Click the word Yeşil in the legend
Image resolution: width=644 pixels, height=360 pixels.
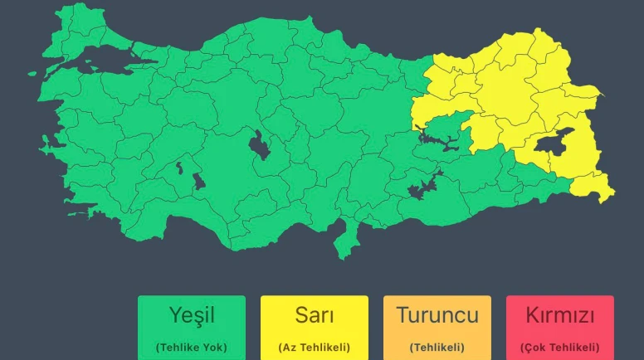[192, 315]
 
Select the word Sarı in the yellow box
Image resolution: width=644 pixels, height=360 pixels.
[315, 315]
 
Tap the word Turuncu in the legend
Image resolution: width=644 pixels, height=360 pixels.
[437, 315]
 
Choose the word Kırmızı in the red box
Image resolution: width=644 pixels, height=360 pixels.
[560, 315]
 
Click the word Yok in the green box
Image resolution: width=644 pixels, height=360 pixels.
[211, 348]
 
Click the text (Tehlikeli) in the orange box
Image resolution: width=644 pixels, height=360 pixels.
[437, 348]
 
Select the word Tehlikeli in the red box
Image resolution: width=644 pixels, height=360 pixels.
[572, 348]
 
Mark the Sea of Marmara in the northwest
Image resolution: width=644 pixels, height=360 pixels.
[95, 59]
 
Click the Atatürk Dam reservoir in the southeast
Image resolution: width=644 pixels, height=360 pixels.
[426, 186]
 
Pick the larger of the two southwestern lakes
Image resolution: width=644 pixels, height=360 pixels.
[198, 180]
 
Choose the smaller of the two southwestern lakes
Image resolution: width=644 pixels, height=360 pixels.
[178, 169]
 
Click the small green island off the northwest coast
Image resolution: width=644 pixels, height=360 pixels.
[32, 73]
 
